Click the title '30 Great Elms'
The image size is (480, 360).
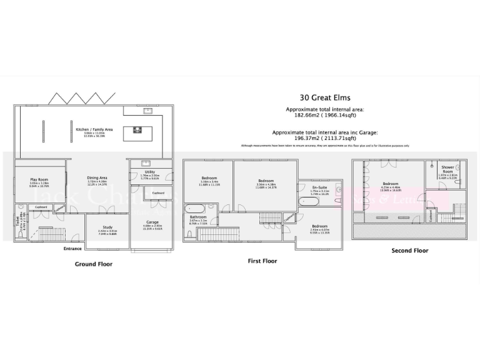324,97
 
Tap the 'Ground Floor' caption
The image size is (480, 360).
94,264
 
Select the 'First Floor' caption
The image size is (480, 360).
262,261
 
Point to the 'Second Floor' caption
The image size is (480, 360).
410,250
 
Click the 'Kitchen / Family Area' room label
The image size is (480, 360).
91,129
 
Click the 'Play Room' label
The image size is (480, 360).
39,179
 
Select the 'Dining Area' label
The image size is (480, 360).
97,177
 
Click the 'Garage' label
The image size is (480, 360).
152,222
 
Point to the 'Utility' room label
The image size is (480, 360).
150,171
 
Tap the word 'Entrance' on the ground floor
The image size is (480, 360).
72,249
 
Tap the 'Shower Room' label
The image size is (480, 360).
447,168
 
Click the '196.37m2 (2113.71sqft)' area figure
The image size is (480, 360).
324,139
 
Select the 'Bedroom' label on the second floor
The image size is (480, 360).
391,183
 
